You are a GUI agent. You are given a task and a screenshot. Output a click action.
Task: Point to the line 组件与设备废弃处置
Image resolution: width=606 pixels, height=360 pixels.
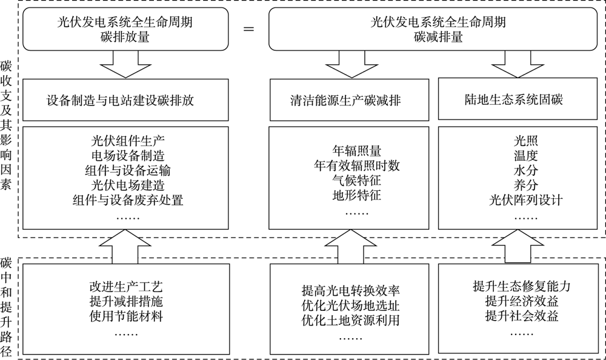click(x=127, y=199)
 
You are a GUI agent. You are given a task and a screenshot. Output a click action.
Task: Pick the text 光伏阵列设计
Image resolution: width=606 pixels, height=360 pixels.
click(x=517, y=200)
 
